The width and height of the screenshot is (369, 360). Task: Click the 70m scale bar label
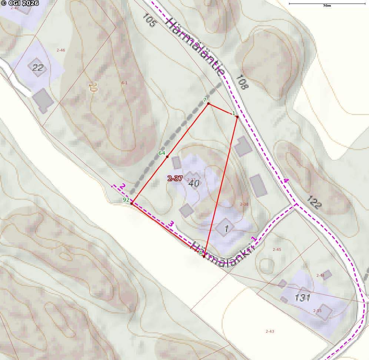tap(326, 6)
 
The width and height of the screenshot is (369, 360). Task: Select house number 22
tap(37, 67)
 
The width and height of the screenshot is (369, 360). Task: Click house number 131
tap(302, 297)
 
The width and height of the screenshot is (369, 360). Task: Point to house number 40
tap(194, 183)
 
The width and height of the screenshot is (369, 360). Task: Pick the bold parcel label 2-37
tap(175, 178)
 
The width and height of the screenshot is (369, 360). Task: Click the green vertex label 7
tap(205, 100)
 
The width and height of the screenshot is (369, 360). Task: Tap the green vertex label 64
tap(162, 153)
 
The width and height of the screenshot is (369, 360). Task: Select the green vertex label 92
tap(126, 200)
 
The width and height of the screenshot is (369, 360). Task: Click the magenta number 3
tap(171, 224)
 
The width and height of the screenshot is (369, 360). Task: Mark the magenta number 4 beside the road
tap(286, 181)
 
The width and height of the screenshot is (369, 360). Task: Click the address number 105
tap(149, 21)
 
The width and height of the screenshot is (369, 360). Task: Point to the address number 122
tap(314, 202)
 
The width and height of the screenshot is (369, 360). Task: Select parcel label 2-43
tap(270, 331)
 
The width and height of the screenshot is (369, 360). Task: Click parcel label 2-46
tap(61, 50)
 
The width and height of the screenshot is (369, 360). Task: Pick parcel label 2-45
tap(277, 249)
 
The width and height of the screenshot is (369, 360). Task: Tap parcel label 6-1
tap(124, 83)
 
